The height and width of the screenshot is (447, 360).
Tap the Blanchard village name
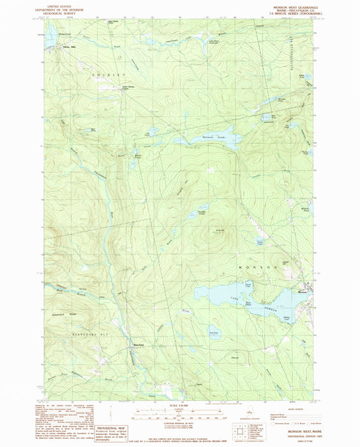click(134, 348)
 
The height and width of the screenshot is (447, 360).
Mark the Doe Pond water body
click(213, 332)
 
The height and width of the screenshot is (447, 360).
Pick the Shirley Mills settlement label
click(66, 47)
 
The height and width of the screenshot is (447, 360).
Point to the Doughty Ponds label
click(201, 210)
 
